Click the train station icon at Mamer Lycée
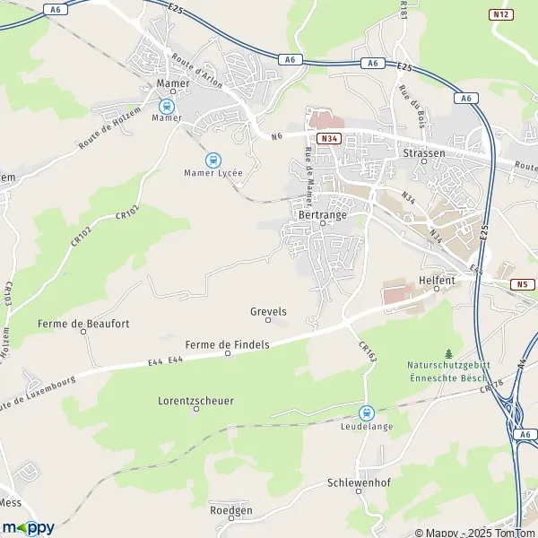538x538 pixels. click(x=213, y=161)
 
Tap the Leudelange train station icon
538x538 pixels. click(x=366, y=412)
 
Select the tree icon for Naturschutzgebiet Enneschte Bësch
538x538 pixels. click(x=448, y=354)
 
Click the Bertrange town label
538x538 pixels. click(x=323, y=216)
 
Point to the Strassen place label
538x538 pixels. click(x=424, y=153)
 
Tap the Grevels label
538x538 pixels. click(x=268, y=311)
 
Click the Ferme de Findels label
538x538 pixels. click(x=227, y=344)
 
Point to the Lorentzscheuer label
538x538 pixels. click(x=195, y=401)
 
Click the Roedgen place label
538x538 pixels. click(x=230, y=509)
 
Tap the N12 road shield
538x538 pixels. click(x=500, y=13)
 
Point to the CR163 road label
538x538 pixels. click(x=368, y=352)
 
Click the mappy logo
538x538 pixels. click(x=29, y=526)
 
